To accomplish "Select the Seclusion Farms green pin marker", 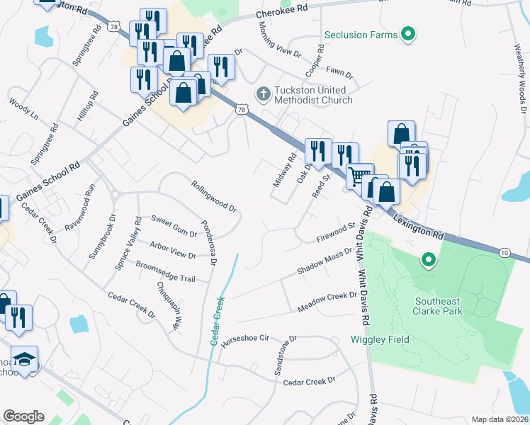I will [x=407, y=34].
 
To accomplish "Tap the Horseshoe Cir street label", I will [x=247, y=340].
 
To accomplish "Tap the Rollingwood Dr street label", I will [x=213, y=196].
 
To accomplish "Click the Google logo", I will [x=23, y=416].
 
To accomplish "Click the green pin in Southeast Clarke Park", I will [x=427, y=261].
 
